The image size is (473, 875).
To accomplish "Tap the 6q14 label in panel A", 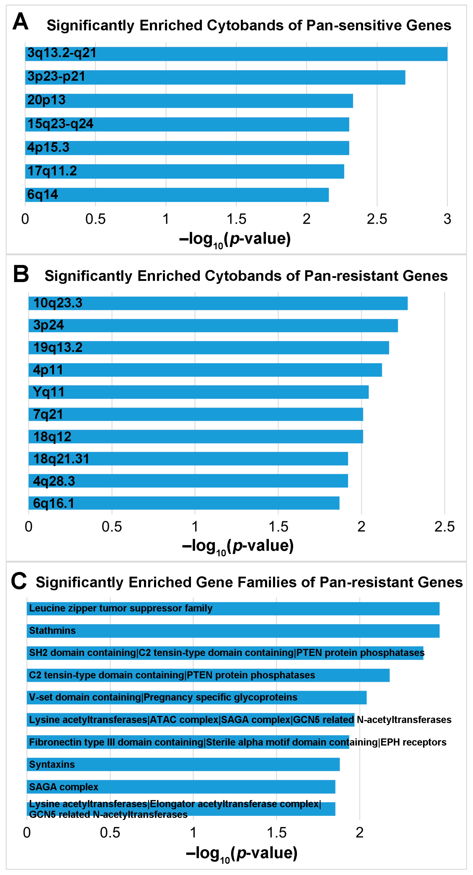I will [x=42, y=195].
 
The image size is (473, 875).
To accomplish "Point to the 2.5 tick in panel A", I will [x=377, y=219].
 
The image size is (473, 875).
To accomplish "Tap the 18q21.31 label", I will [x=61, y=459].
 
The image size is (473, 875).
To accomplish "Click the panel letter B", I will [x=21, y=274].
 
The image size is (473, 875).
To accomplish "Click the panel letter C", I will [x=19, y=581].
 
